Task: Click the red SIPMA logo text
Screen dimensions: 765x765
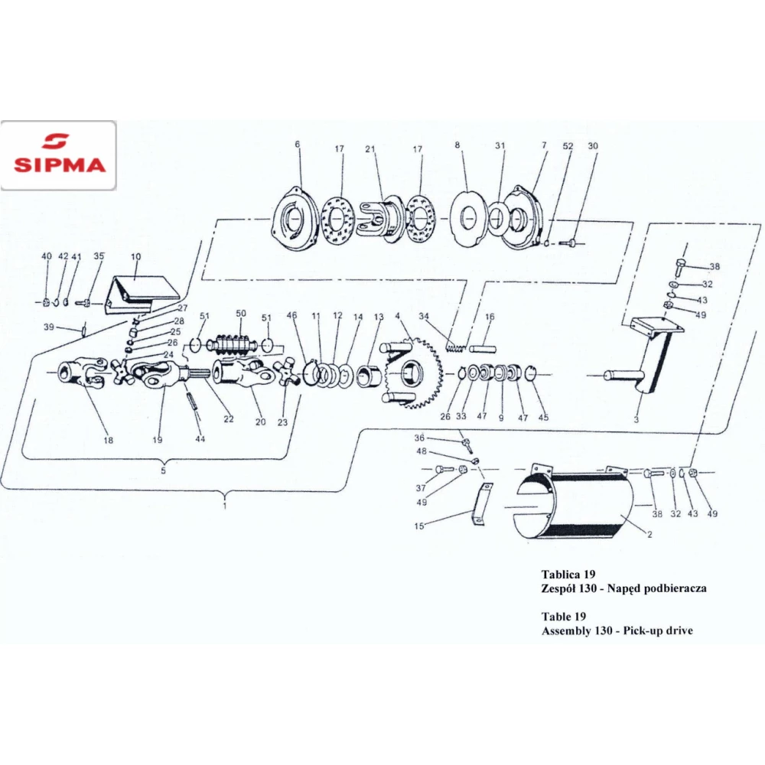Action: pos(60,164)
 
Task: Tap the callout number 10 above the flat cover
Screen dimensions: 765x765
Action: pos(135,256)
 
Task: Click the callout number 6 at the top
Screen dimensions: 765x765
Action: pos(297,145)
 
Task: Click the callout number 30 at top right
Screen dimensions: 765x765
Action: pos(593,146)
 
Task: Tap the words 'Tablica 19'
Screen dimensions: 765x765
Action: pos(568,574)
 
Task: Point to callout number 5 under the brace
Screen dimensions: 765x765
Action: pos(164,470)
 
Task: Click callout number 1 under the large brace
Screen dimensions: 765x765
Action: pos(225,506)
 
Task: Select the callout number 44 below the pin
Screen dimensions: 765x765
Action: pos(200,438)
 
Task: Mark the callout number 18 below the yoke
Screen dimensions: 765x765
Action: pos(109,440)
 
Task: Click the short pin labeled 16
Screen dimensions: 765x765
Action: pos(483,350)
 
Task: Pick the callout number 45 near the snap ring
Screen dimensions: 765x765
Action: pos(543,417)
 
